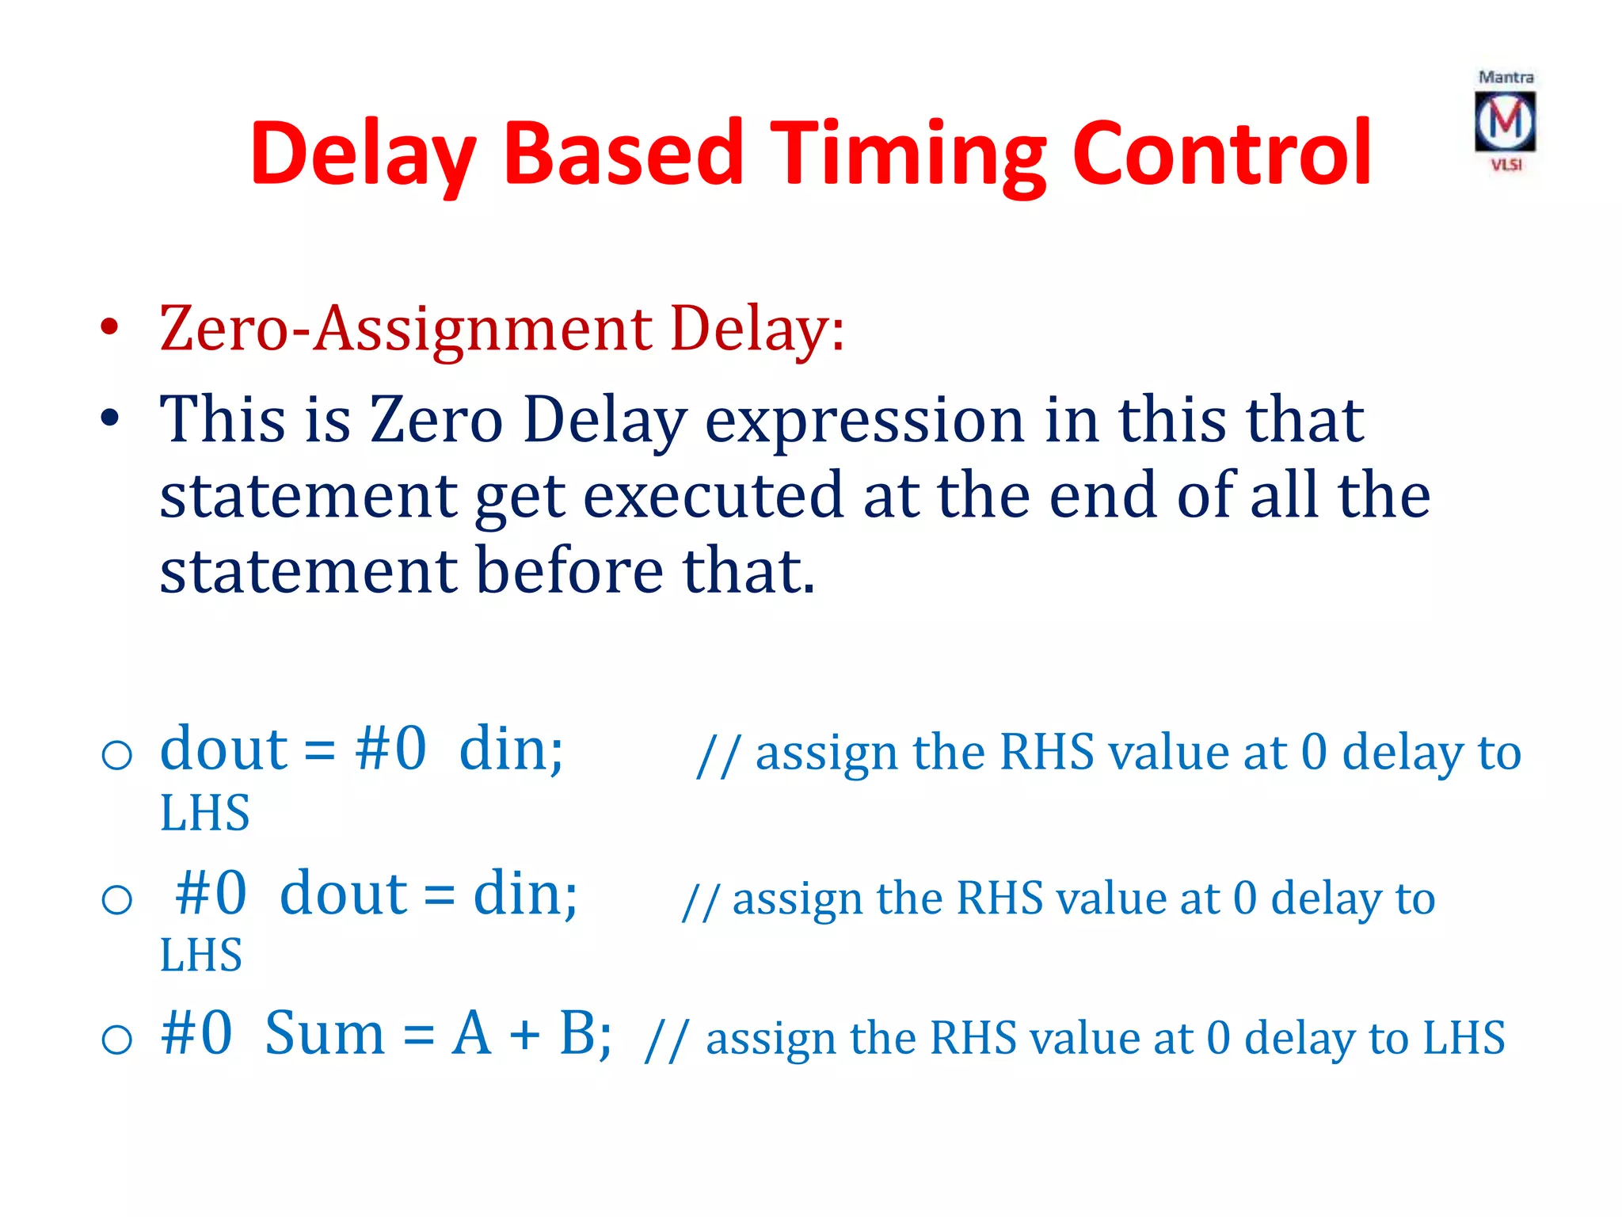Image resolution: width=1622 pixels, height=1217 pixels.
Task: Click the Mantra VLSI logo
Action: (1505, 121)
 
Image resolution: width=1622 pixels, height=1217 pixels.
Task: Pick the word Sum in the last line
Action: (325, 1033)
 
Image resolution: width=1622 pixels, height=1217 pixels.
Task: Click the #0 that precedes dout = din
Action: (211, 894)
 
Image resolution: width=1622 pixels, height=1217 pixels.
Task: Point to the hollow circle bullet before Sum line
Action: (117, 1039)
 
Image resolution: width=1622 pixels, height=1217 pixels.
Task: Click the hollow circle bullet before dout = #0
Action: (117, 754)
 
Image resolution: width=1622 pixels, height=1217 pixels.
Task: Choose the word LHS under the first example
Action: (204, 813)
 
